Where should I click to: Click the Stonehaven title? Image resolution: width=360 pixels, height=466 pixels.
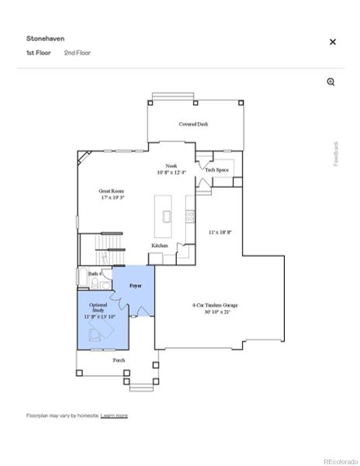(x=44, y=37)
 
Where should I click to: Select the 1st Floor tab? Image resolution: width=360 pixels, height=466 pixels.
(x=40, y=53)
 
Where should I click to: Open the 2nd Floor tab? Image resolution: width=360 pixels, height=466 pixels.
(x=78, y=53)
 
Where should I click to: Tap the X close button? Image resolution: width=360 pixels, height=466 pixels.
(x=333, y=42)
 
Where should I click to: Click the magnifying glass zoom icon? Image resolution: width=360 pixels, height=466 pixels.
(x=331, y=82)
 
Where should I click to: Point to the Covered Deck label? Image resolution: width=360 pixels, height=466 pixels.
(x=193, y=123)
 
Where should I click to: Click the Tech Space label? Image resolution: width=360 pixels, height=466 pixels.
(x=216, y=170)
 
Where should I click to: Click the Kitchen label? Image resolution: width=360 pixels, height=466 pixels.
(x=160, y=245)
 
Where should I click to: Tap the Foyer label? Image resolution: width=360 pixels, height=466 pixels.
(x=135, y=287)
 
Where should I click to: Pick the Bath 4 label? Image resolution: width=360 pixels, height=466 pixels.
(x=95, y=274)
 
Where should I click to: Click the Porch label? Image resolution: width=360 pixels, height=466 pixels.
(x=119, y=360)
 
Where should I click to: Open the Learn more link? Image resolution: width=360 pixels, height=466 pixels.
(x=114, y=416)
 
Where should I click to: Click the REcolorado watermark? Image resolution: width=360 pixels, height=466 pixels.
(x=340, y=458)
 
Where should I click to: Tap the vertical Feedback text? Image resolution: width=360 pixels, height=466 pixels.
(x=336, y=153)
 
